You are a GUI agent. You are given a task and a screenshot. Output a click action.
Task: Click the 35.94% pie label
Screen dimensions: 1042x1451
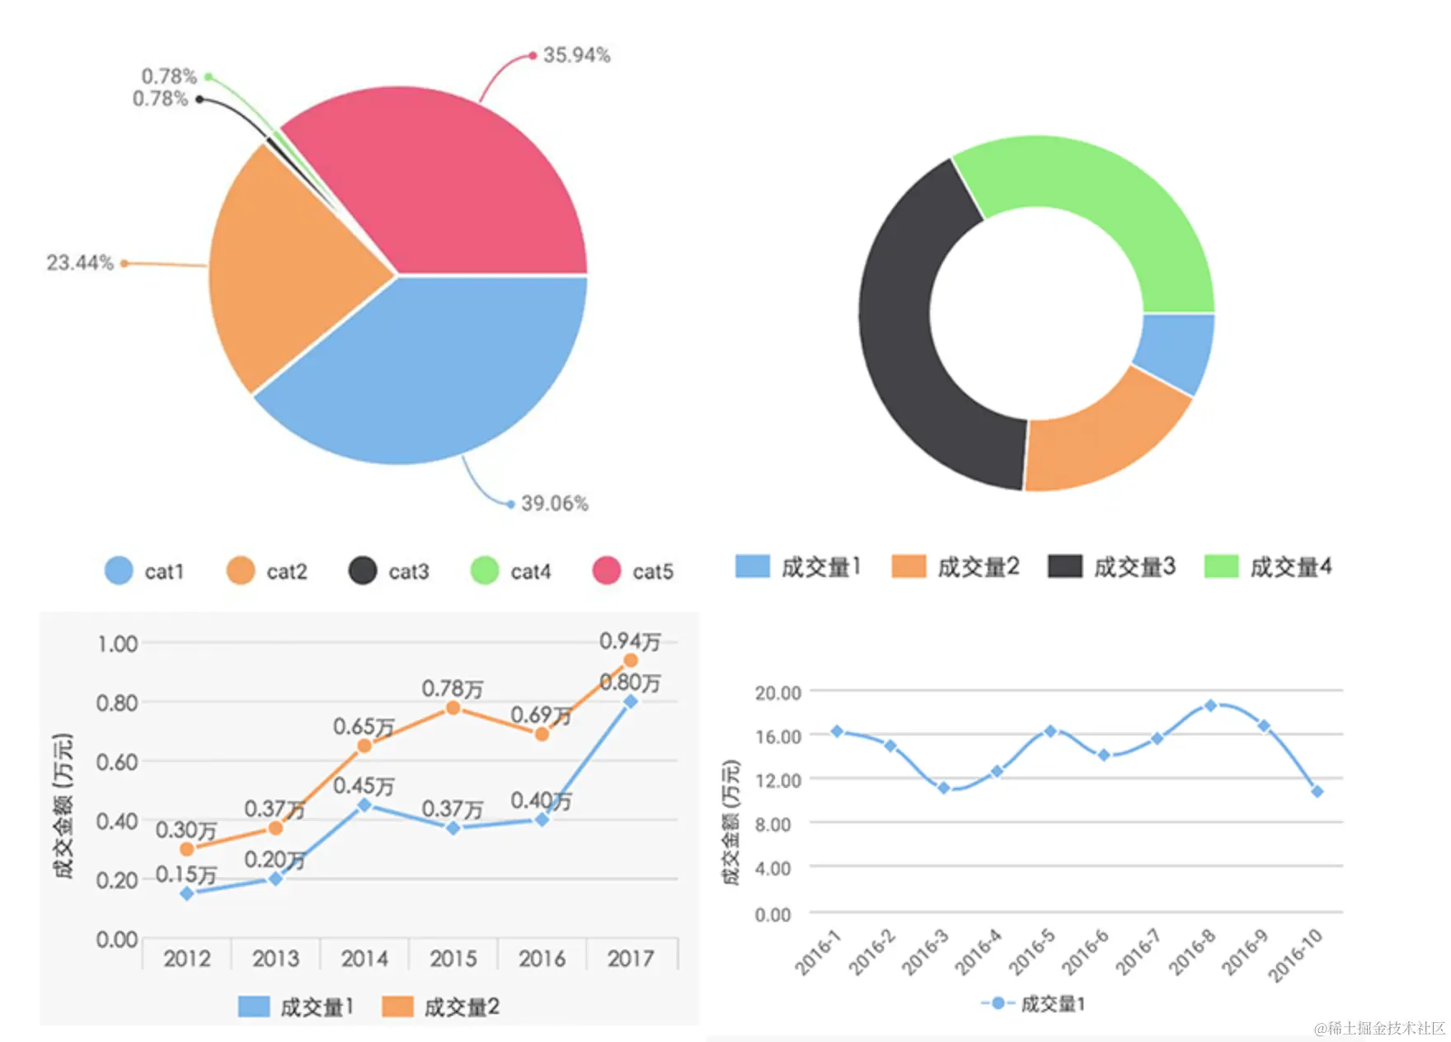[576, 55]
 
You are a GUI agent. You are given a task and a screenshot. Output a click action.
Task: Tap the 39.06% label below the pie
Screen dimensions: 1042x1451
[554, 503]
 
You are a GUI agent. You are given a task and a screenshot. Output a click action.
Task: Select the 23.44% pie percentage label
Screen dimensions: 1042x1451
[80, 263]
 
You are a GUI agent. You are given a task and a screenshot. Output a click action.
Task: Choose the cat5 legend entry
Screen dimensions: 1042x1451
[633, 571]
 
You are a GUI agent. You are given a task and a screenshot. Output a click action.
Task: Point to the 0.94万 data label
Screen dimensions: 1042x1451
[630, 641]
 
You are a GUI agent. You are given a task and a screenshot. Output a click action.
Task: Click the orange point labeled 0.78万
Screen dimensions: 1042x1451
[453, 708]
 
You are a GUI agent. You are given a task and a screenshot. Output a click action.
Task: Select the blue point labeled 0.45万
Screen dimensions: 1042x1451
[364, 805]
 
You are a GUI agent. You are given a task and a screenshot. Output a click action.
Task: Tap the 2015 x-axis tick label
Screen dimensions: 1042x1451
[453, 959]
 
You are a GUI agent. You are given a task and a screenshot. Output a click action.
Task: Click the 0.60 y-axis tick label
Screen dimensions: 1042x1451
[117, 762]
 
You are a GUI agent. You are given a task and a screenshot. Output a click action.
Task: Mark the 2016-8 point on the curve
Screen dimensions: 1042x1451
[1210, 706]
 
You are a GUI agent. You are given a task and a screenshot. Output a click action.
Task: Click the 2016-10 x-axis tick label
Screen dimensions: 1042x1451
[1295, 955]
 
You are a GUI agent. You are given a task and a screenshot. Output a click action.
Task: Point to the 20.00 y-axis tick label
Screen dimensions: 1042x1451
[778, 693]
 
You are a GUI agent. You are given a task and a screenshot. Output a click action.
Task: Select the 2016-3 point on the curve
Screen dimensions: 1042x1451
[944, 788]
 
